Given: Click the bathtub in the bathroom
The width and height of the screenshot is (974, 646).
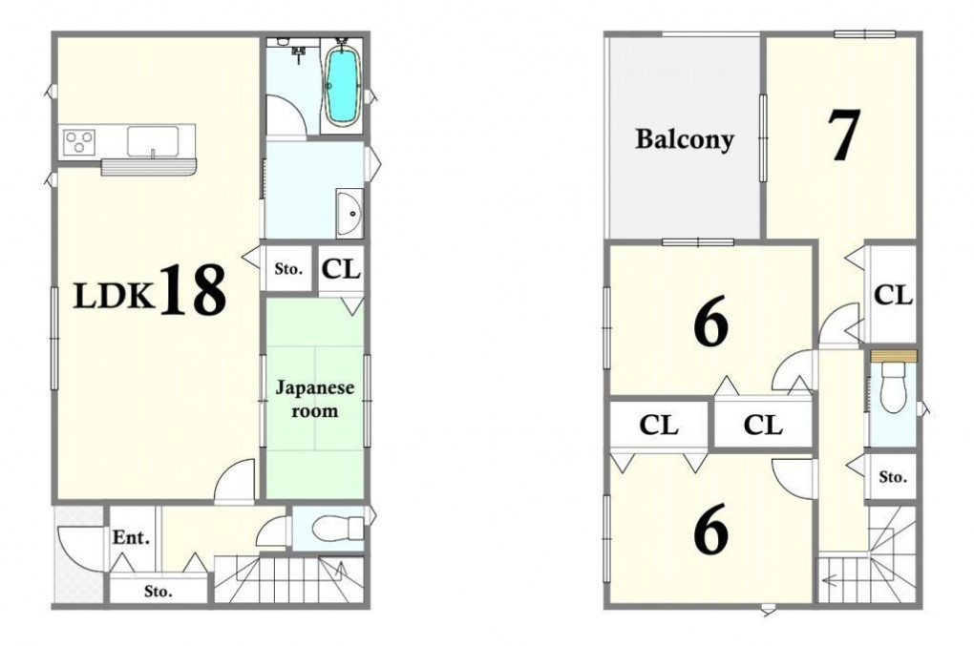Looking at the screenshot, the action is [342, 86].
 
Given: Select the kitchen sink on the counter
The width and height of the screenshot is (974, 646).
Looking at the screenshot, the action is [153, 141].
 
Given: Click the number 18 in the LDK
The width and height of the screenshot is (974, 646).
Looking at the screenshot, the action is [193, 290].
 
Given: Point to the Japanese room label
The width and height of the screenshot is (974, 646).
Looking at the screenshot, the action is [315, 399].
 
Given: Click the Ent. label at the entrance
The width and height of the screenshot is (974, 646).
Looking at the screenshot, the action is [131, 537].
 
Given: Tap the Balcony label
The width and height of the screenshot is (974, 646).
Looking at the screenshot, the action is [684, 139].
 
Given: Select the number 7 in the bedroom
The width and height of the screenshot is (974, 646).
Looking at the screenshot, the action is [843, 135].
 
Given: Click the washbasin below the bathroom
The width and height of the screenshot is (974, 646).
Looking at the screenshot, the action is [349, 214].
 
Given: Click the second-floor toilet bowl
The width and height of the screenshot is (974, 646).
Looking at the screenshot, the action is [894, 387].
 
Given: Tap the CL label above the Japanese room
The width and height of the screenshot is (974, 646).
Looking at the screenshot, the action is [341, 269].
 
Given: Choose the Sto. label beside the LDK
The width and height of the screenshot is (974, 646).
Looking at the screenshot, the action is [288, 269].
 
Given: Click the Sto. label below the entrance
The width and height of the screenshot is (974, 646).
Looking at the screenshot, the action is [159, 592].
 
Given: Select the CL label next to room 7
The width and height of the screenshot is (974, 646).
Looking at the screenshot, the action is [893, 295].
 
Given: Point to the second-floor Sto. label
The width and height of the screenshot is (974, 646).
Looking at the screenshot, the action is [893, 477].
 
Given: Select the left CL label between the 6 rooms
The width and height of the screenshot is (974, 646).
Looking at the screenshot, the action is [659, 426].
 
